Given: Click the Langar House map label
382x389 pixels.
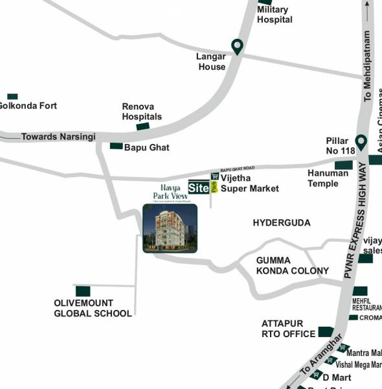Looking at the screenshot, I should pos(211,62).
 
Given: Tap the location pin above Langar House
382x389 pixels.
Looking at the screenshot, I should pos(238,46).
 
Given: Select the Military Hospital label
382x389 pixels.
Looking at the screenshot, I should pos(275,14).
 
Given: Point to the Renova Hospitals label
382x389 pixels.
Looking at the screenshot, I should pos(142,112).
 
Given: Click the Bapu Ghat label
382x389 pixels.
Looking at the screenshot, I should pos(147,147).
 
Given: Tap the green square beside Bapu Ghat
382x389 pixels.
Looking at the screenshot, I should pos(116,146).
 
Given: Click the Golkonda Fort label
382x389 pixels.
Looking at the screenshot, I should pos(27,106).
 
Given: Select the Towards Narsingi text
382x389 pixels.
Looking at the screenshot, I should pos(58,137).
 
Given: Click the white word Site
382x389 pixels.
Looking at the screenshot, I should pos(198,188).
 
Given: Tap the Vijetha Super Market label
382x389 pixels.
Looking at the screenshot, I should pos(250,183).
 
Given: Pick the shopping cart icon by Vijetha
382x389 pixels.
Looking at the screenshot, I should pos(215,176).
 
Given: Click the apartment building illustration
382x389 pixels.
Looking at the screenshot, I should pos(170,228).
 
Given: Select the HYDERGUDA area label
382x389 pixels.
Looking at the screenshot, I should pos(282,222).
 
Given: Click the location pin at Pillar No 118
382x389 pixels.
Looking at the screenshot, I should pos(361,141).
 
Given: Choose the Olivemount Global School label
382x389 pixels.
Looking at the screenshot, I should pos(93,308).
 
